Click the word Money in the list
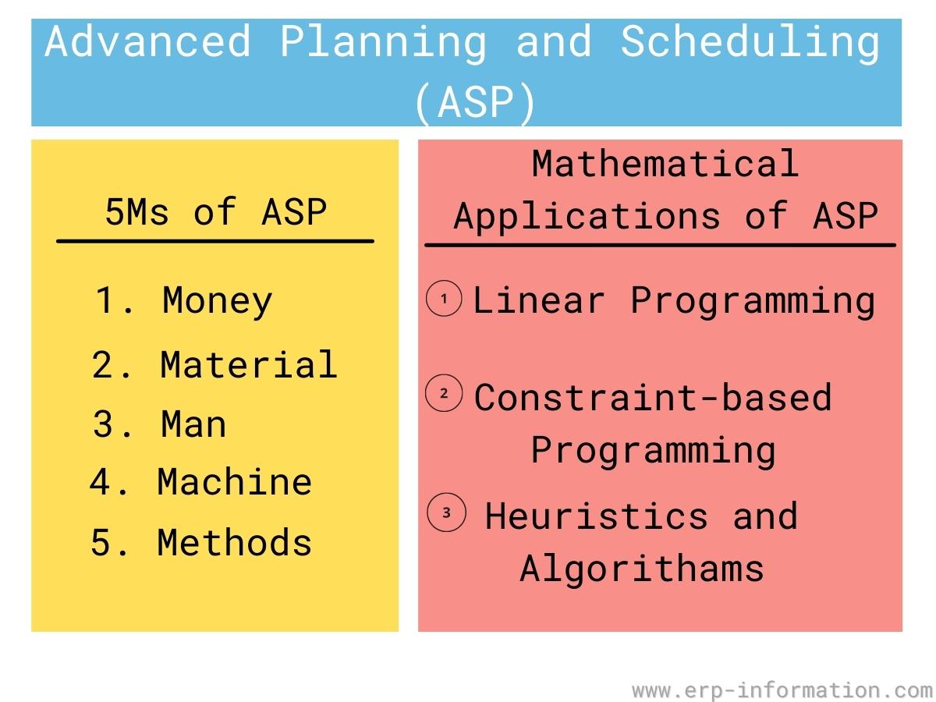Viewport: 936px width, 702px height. click(217, 301)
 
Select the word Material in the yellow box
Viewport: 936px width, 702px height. click(249, 364)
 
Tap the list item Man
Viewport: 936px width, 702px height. click(193, 424)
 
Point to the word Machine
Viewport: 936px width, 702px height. click(235, 481)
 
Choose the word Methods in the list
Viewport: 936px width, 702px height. click(235, 542)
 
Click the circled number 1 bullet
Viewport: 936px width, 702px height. click(444, 299)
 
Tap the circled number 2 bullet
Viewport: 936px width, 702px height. click(444, 392)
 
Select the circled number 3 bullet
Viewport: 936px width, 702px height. click(446, 512)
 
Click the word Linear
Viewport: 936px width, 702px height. click(538, 300)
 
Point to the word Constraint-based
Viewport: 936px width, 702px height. click(653, 397)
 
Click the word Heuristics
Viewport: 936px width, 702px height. click(597, 516)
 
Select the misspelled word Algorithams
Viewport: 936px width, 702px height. click(642, 569)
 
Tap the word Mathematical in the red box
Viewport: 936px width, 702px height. click(665, 164)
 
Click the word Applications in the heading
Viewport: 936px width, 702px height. click(587, 217)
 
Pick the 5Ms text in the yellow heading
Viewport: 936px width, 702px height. click(136, 212)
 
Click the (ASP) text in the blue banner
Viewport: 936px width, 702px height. click(474, 102)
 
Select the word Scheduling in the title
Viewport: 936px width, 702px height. click(750, 44)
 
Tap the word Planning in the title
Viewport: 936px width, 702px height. click(383, 44)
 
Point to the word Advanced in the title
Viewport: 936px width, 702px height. click(147, 41)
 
